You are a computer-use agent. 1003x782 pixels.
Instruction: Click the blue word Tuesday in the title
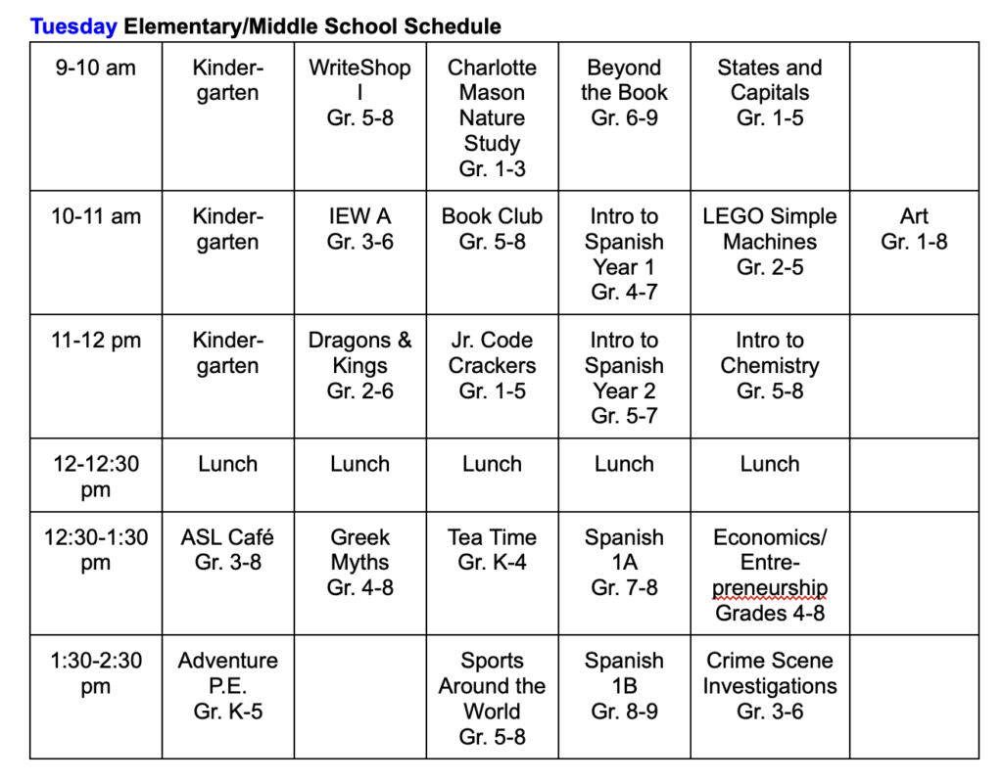click(x=73, y=26)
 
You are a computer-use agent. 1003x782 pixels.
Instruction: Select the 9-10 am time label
click(x=95, y=69)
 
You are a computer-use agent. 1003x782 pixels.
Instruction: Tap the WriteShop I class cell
click(x=359, y=93)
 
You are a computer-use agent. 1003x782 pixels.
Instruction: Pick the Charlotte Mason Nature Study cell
click(x=492, y=117)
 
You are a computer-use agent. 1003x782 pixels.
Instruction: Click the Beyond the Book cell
click(x=624, y=93)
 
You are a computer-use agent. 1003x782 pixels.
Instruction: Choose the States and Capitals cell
click(x=769, y=93)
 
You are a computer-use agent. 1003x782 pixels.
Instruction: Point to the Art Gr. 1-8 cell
click(x=914, y=229)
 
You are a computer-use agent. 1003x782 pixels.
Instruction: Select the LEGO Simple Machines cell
click(x=769, y=242)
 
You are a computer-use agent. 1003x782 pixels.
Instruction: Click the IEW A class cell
click(x=359, y=229)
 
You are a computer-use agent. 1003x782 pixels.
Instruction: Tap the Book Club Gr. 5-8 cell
click(x=492, y=229)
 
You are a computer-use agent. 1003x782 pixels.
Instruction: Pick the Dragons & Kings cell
click(x=359, y=366)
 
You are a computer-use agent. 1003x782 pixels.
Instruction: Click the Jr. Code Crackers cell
click(x=492, y=366)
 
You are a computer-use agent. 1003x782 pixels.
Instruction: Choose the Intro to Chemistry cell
click(x=769, y=366)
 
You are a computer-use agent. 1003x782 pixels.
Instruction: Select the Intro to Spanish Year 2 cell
click(x=624, y=378)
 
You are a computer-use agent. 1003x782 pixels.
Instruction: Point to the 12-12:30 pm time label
click(x=95, y=477)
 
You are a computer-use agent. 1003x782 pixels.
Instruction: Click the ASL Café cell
click(x=227, y=550)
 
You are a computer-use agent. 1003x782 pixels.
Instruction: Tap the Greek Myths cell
click(x=359, y=563)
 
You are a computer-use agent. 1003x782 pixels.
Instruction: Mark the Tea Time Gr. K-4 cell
click(x=492, y=550)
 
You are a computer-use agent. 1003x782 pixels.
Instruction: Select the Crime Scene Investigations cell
click(x=769, y=686)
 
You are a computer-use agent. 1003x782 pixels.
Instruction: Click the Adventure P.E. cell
click(x=227, y=686)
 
